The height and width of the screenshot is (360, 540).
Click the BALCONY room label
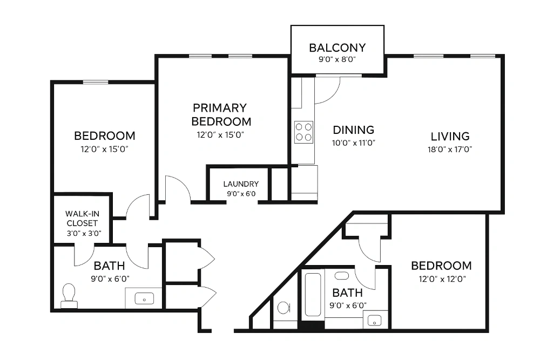337,47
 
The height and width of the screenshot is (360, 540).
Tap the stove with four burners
303,132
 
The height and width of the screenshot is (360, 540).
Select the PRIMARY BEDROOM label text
221,114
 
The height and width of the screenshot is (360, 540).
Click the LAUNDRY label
241,184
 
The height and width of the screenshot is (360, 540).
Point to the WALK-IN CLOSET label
82,218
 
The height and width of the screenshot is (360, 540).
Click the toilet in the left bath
69,296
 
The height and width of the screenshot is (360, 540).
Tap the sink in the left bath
144,298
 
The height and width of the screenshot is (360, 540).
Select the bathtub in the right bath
313,295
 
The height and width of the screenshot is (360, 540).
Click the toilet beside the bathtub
283,307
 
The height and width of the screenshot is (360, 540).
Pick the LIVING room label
450,137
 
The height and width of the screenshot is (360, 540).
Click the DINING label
353,130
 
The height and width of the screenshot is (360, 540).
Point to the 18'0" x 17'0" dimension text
450,149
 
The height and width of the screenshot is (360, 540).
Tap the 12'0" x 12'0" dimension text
442,279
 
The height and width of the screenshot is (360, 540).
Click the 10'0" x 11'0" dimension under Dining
353,142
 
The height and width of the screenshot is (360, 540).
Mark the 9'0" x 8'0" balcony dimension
337,59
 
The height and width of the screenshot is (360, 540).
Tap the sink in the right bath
375,321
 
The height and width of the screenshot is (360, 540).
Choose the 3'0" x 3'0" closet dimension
84,233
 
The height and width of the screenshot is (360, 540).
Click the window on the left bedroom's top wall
96,82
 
